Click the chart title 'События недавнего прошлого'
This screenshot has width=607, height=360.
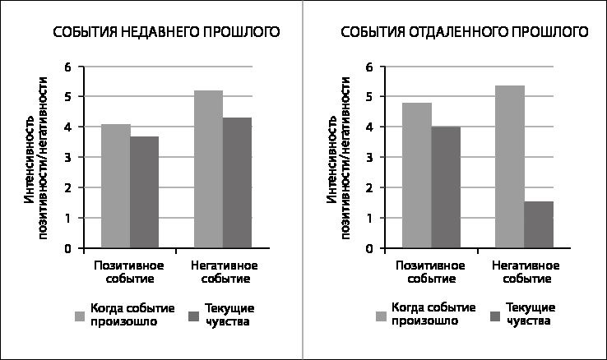165,32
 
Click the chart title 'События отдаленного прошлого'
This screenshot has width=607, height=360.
466,32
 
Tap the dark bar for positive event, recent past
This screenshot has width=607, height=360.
144,192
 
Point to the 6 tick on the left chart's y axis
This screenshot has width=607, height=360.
69,67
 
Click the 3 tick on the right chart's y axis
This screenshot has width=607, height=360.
370,157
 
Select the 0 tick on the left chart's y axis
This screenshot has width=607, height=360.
69,248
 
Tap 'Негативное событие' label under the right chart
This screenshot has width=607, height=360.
526,272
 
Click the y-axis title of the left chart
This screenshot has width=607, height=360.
35,157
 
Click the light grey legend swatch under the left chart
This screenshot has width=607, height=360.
80,316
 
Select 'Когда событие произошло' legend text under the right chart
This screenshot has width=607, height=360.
433,314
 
